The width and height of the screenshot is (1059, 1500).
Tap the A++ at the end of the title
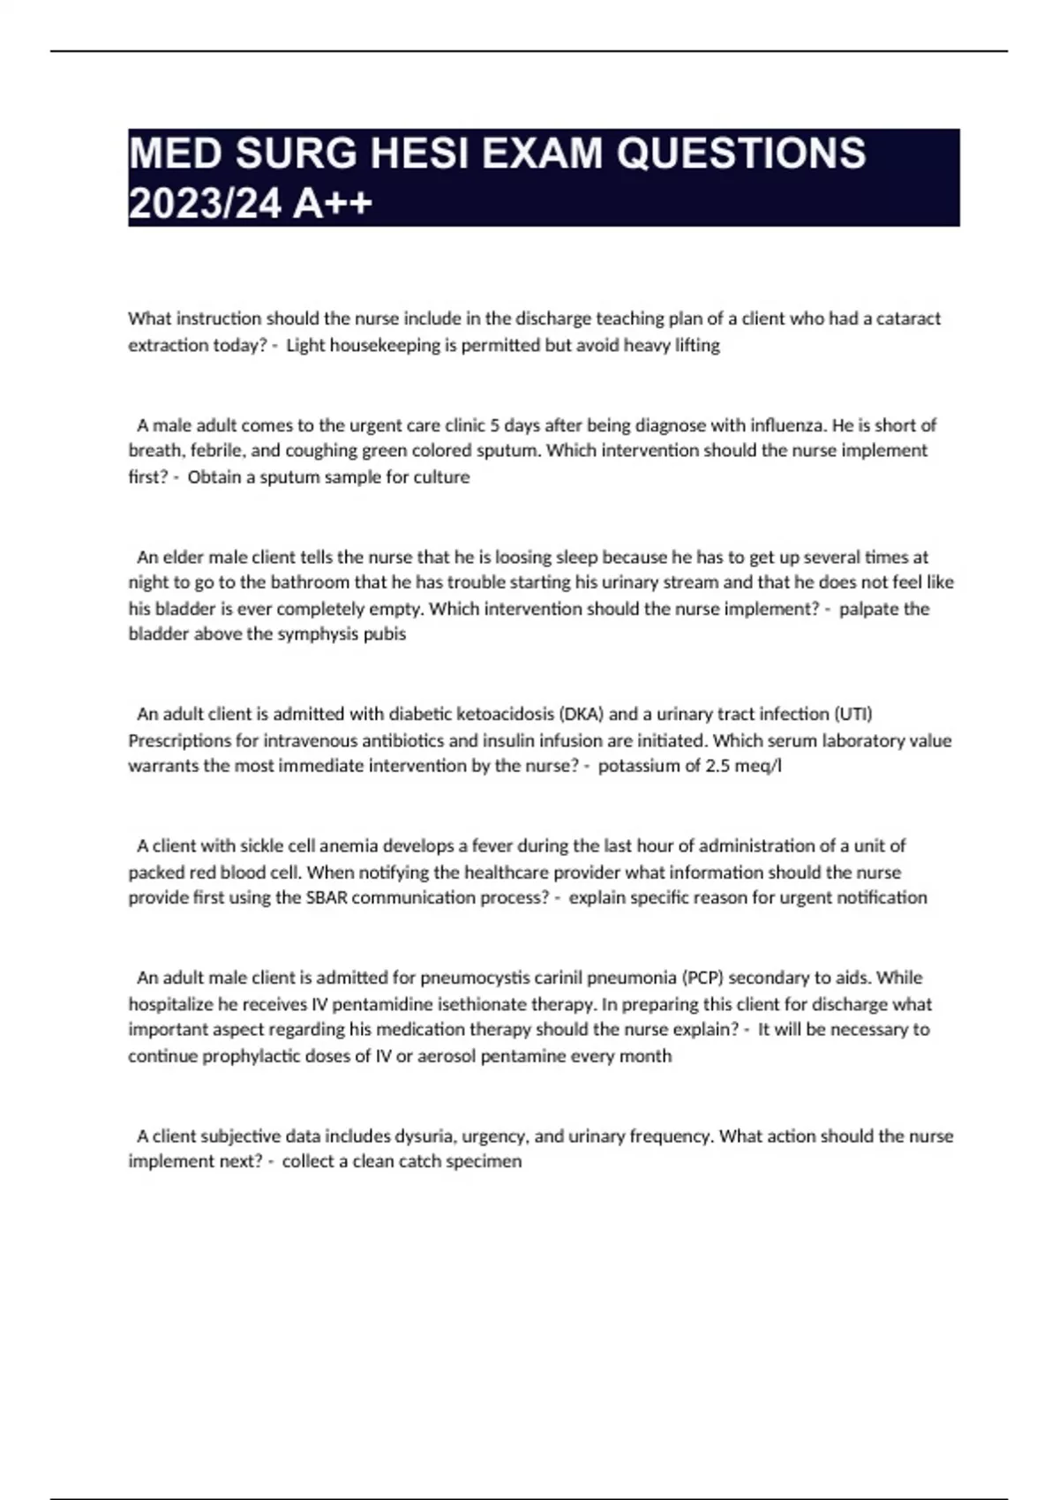[333, 204]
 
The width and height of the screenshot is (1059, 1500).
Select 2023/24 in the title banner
[206, 204]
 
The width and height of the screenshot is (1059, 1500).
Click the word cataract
[908, 319]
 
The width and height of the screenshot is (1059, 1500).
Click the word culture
[441, 477]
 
